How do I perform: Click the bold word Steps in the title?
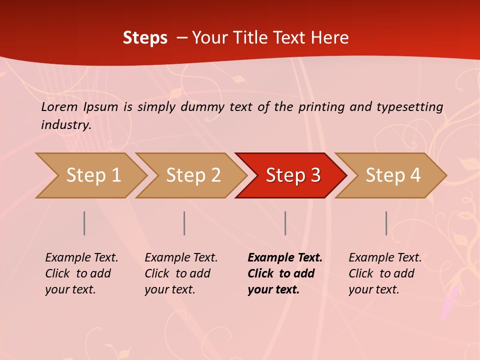pos(145,38)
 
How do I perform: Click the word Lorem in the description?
pos(59,107)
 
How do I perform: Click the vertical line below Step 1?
pos(84,223)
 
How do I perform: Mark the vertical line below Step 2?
pos(184,223)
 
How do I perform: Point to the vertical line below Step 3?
pos(285,223)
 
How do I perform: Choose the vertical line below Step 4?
pos(386,223)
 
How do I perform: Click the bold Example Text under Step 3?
pos(285,258)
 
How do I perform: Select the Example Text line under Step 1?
pos(81,258)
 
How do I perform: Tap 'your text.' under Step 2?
pos(169,289)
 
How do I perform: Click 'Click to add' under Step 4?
pos(381,273)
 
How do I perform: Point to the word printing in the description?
pos(322,107)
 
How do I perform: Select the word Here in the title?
pos(329,38)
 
